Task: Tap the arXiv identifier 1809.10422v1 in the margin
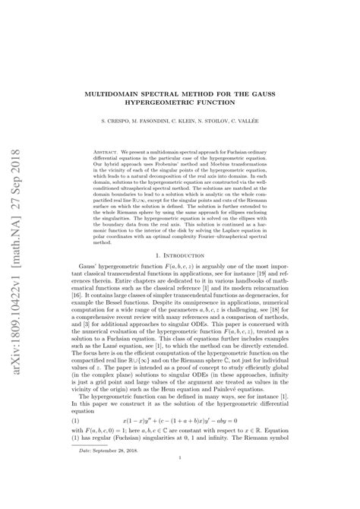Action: pyautogui.click(x=17, y=335)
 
